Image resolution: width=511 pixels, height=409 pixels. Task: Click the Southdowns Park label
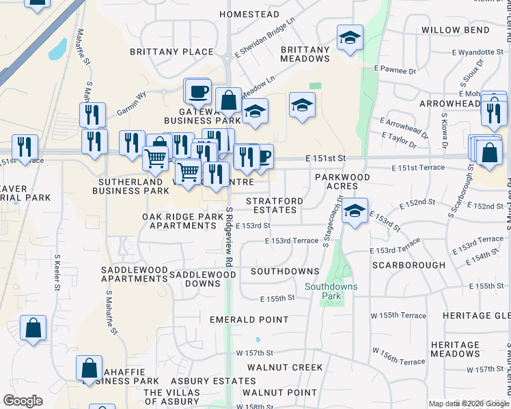tap(331, 291)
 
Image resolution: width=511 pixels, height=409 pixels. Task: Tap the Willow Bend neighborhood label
tap(457, 30)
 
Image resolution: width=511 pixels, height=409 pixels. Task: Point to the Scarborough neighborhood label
tap(408, 264)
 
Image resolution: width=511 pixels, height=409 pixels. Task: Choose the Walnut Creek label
tap(285, 367)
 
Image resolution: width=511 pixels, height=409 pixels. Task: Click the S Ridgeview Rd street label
tap(230, 239)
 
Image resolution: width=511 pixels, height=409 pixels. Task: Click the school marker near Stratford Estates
tap(354, 210)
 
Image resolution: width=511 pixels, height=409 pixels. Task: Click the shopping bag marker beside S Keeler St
tap(33, 329)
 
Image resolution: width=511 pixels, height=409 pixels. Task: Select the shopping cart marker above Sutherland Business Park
tap(155, 158)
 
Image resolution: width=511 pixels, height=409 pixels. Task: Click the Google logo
tap(23, 401)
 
